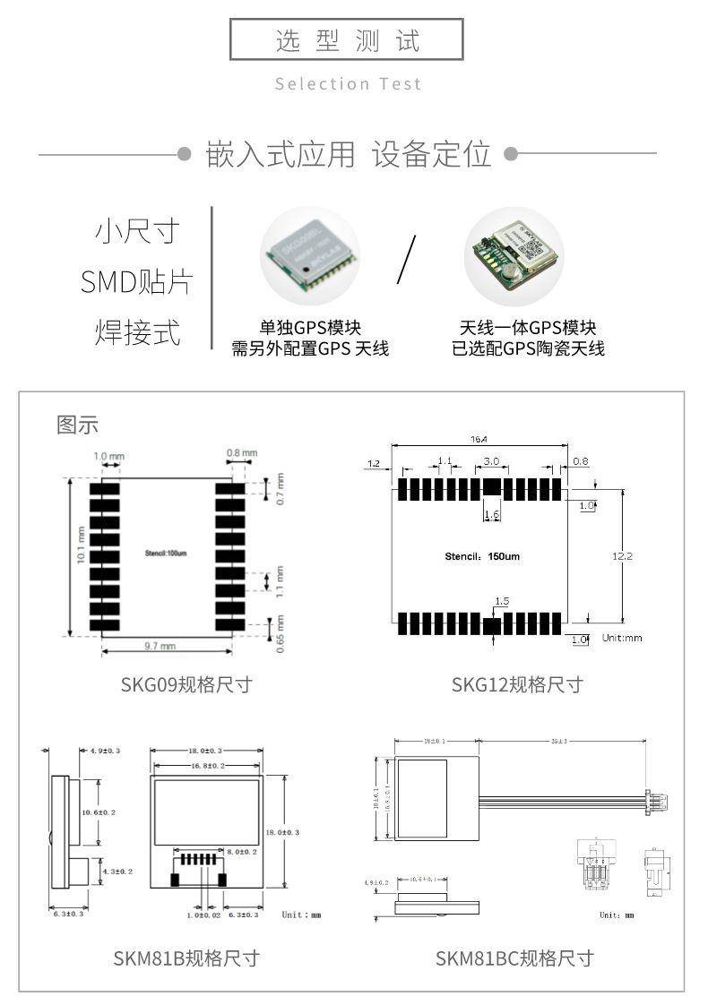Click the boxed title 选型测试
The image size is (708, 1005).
coord(347,40)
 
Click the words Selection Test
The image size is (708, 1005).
coord(348,84)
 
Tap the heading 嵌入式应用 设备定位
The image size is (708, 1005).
coord(349,154)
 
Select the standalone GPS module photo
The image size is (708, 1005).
coord(309,255)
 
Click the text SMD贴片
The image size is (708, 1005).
coord(136,282)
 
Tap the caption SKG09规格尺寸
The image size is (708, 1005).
coord(186,684)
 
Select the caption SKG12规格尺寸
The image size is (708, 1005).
coord(517,684)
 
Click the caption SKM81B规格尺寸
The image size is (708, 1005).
coord(186,958)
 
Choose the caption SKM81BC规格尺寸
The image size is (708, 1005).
coord(514,958)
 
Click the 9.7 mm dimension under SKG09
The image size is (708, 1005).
coord(161,646)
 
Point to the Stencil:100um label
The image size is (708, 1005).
coord(166,554)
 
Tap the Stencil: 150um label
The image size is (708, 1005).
coord(482,556)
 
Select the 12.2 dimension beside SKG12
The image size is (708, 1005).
coord(622,556)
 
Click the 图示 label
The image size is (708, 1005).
coord(77,425)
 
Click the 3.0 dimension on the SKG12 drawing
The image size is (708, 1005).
coord(491,461)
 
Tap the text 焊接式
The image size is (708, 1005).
coord(136,332)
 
